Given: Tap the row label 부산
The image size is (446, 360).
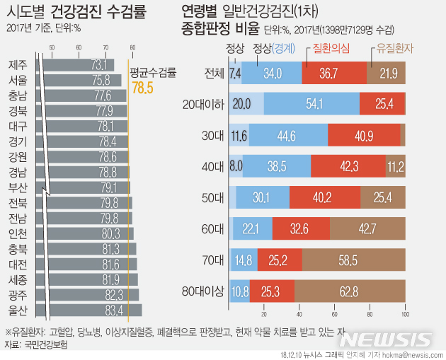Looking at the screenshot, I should click(x=18, y=187).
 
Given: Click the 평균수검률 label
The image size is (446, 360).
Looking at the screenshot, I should click(x=153, y=72).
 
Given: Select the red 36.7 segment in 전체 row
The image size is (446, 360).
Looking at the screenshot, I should click(x=333, y=73).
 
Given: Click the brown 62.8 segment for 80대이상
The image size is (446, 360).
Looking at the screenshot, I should click(x=350, y=291).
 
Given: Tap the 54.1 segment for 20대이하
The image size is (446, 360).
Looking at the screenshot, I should click(x=311, y=104).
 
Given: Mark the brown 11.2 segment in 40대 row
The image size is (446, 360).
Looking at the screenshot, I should click(x=395, y=166).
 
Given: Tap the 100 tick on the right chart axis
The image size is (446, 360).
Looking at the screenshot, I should click(x=405, y=315).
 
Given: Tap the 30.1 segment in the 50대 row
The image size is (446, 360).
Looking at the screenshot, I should click(x=263, y=197).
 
